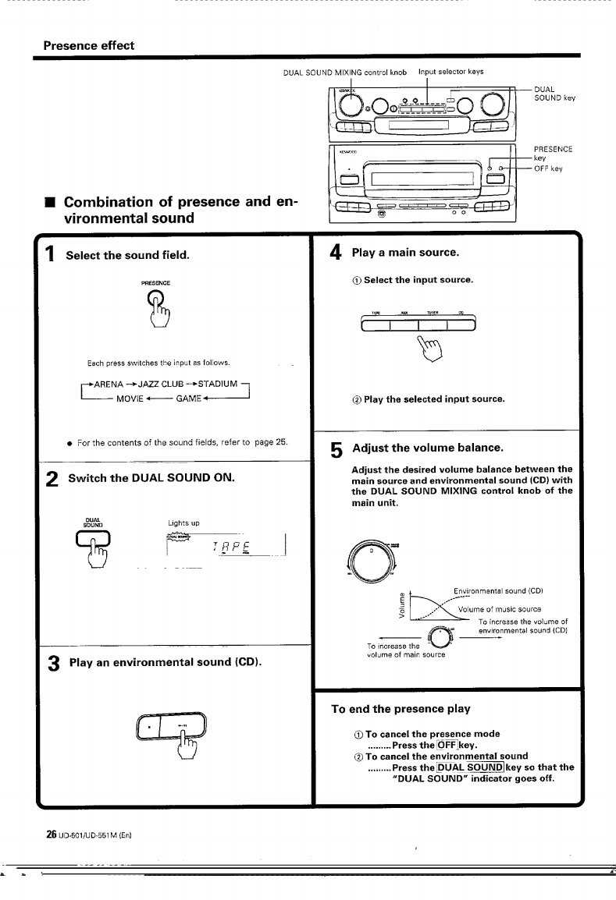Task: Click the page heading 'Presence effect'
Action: click(88, 45)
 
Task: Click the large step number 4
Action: click(336, 253)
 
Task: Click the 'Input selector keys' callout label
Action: click(450, 72)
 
